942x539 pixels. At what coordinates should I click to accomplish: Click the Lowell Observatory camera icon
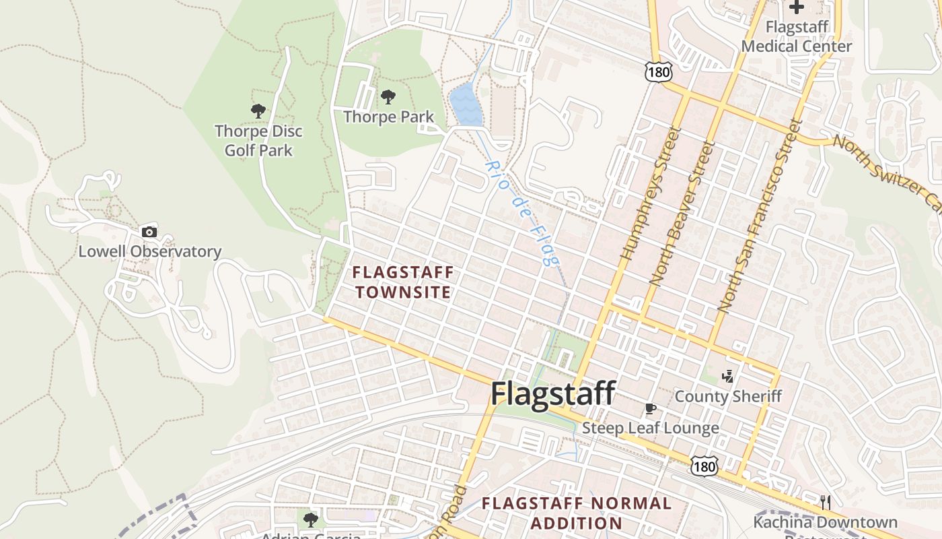[x=149, y=232]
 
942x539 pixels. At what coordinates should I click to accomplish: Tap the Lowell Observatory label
[x=150, y=252]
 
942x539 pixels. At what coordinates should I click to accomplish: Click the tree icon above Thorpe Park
[x=388, y=97]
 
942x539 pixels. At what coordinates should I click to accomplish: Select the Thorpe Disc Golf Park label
[x=258, y=140]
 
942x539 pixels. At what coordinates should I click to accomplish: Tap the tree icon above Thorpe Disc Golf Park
[x=258, y=111]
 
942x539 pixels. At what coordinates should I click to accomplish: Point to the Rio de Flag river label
[x=522, y=213]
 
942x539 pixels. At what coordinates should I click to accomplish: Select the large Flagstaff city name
[x=552, y=393]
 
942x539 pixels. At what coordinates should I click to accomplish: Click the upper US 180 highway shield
[x=655, y=70]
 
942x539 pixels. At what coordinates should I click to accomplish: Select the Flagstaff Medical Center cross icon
[x=797, y=7]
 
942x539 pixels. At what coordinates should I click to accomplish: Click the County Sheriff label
[x=728, y=396]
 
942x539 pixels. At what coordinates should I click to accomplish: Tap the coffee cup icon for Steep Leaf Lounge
[x=650, y=408]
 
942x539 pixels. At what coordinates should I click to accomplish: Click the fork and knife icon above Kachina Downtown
[x=826, y=502]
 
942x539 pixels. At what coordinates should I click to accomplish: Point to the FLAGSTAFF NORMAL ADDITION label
[x=576, y=513]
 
